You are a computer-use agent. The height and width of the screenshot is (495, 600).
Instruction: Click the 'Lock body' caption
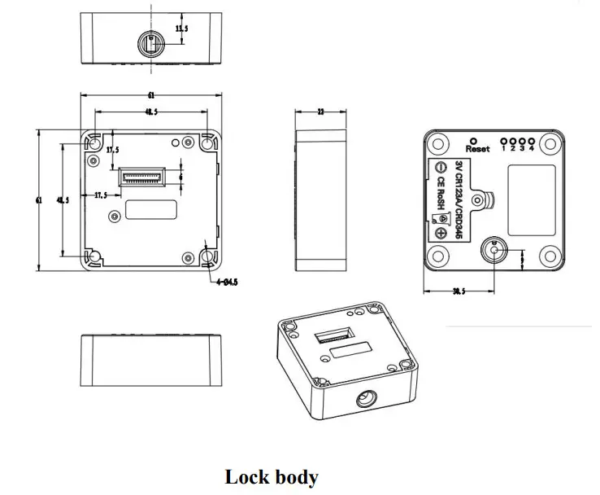click(x=272, y=476)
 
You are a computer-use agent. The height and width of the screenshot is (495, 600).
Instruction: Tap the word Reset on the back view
click(x=478, y=149)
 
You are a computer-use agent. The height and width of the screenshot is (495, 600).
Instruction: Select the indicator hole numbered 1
click(x=505, y=139)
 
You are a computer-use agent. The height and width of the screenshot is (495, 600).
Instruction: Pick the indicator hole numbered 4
click(x=532, y=139)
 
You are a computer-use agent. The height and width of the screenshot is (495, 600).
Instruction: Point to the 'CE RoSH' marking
click(x=440, y=195)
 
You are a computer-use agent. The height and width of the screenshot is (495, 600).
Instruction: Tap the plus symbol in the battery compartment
click(x=440, y=234)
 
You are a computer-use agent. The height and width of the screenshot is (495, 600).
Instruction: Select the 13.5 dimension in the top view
click(x=182, y=29)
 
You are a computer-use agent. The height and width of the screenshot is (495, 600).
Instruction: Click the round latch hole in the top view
click(x=150, y=43)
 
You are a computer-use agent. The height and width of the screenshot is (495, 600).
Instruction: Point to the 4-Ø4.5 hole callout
click(x=227, y=283)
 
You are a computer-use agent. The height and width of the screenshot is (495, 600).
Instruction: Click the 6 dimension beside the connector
click(x=180, y=175)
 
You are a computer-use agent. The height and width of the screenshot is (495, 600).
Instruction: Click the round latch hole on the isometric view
click(x=363, y=399)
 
